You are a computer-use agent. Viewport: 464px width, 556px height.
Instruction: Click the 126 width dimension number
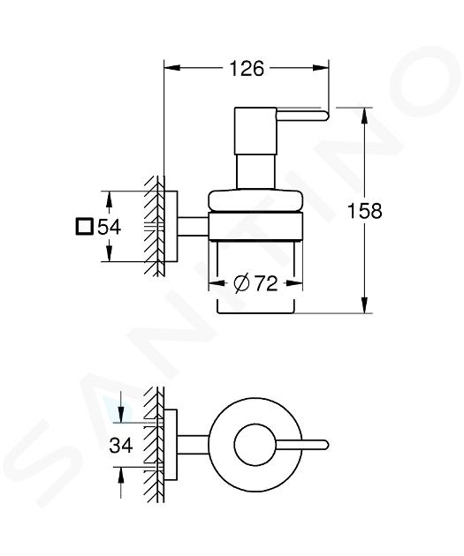(x=247, y=69)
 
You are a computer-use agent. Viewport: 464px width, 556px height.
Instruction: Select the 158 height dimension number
(x=365, y=211)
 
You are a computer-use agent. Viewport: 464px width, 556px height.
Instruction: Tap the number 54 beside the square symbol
(x=110, y=227)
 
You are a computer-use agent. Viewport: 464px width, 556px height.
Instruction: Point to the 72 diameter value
(x=266, y=283)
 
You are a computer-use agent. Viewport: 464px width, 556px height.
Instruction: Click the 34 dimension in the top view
(x=121, y=445)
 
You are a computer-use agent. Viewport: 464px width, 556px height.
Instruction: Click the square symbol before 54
(x=85, y=227)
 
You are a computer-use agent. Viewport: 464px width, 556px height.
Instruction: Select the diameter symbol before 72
(x=241, y=283)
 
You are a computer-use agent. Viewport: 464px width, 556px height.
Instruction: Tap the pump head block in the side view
(x=255, y=131)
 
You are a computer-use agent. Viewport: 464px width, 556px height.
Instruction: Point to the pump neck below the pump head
(x=255, y=172)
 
